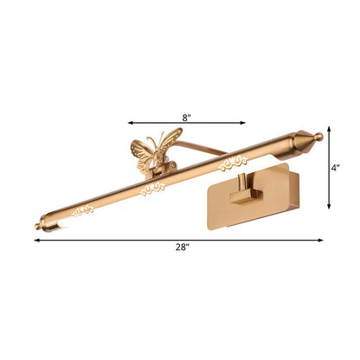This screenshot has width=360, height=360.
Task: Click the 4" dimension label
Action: pos(335,169)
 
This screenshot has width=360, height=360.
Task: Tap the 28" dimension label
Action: pos(180,248)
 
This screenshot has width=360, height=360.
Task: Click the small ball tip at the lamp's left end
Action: pos(37,228)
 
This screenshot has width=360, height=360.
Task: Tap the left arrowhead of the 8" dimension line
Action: pos(131,122)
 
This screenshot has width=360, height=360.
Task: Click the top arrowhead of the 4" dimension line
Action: pos(330,133)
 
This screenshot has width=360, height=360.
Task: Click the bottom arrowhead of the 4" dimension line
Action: pos(330,208)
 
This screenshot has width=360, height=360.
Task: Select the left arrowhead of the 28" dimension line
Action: pos(37,240)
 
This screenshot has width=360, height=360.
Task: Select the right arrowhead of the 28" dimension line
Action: pos(322,240)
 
